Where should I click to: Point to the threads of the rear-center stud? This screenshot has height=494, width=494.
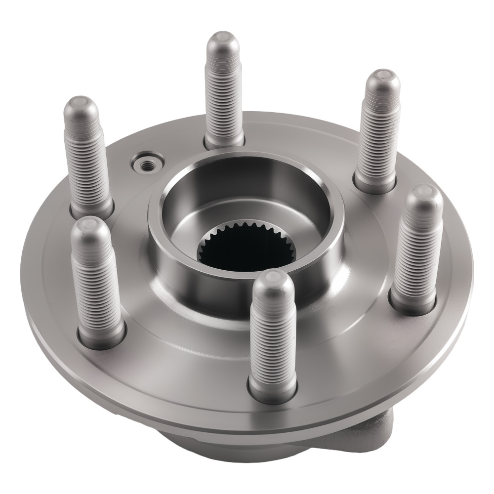223,99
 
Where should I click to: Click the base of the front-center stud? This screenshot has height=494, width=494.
273,390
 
